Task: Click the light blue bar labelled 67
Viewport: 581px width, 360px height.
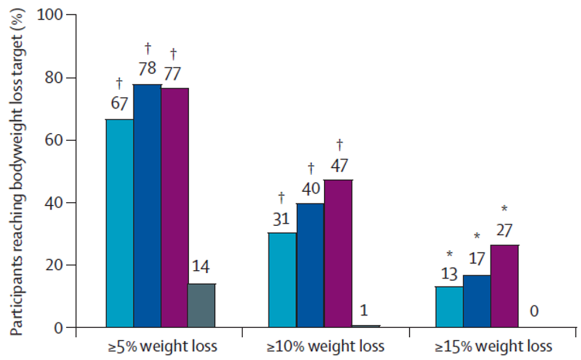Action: click(120, 223)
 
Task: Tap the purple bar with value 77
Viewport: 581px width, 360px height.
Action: click(175, 207)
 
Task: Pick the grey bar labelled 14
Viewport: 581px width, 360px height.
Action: click(202, 306)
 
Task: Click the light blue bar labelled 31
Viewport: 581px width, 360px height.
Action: click(283, 280)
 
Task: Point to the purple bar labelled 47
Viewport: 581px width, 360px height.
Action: click(338, 253)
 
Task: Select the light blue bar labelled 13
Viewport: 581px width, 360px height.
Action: click(449, 307)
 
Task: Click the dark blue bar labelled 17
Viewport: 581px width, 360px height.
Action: click(477, 301)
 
